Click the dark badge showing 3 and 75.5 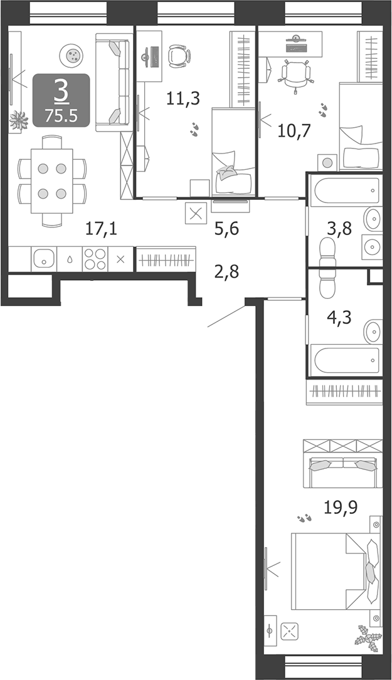(61, 100)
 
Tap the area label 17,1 (102, 229)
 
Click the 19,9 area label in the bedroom (341, 507)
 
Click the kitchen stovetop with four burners (95, 259)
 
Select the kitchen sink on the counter (44, 258)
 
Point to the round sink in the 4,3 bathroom (374, 328)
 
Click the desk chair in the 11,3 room (179, 55)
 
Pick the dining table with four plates (52, 181)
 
